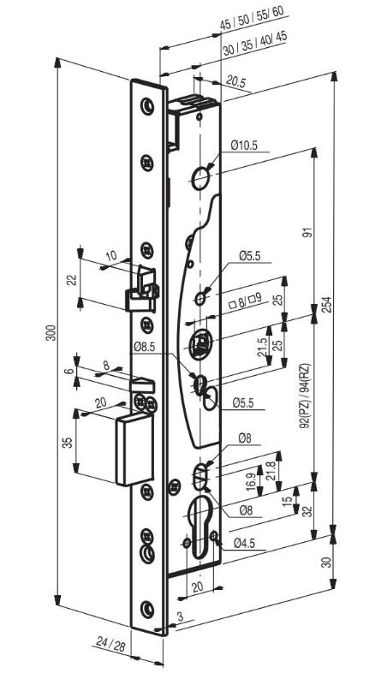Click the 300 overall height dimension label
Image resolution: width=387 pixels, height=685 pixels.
click(x=51, y=333)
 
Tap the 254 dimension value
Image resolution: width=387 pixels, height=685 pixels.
click(x=327, y=305)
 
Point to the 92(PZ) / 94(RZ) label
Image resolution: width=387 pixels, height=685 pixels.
click(x=305, y=396)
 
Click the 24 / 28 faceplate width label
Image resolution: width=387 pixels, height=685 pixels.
click(x=110, y=644)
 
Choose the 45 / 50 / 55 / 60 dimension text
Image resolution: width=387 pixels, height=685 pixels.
click(x=254, y=18)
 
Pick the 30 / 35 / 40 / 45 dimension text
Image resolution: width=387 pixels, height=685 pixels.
click(x=255, y=44)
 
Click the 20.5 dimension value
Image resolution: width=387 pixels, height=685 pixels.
click(x=236, y=80)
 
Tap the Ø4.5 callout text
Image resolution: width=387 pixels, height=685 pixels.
click(x=244, y=543)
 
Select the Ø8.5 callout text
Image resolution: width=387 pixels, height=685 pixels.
click(x=145, y=348)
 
